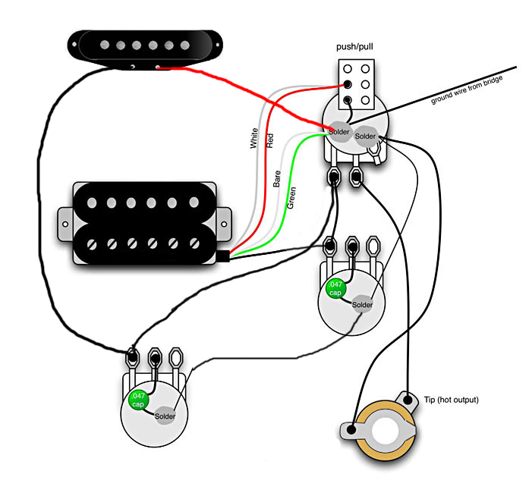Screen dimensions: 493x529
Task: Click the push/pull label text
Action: tap(355, 47)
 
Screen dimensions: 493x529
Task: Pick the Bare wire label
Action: tap(278, 179)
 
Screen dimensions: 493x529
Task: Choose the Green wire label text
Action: tap(292, 198)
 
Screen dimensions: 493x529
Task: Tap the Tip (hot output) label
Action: tap(452, 400)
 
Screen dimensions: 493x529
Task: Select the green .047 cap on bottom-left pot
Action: tap(137, 400)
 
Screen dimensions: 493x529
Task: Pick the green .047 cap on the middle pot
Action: tap(335, 288)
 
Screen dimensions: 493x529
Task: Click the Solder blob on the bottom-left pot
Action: tap(165, 416)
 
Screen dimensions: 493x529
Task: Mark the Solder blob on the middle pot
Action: tap(363, 305)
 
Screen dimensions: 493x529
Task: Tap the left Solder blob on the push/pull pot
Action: tap(339, 133)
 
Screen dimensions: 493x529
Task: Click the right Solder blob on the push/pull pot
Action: tap(366, 136)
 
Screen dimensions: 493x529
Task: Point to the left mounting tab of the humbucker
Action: tap(66, 222)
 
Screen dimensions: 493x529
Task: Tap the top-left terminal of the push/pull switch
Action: tap(348, 68)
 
